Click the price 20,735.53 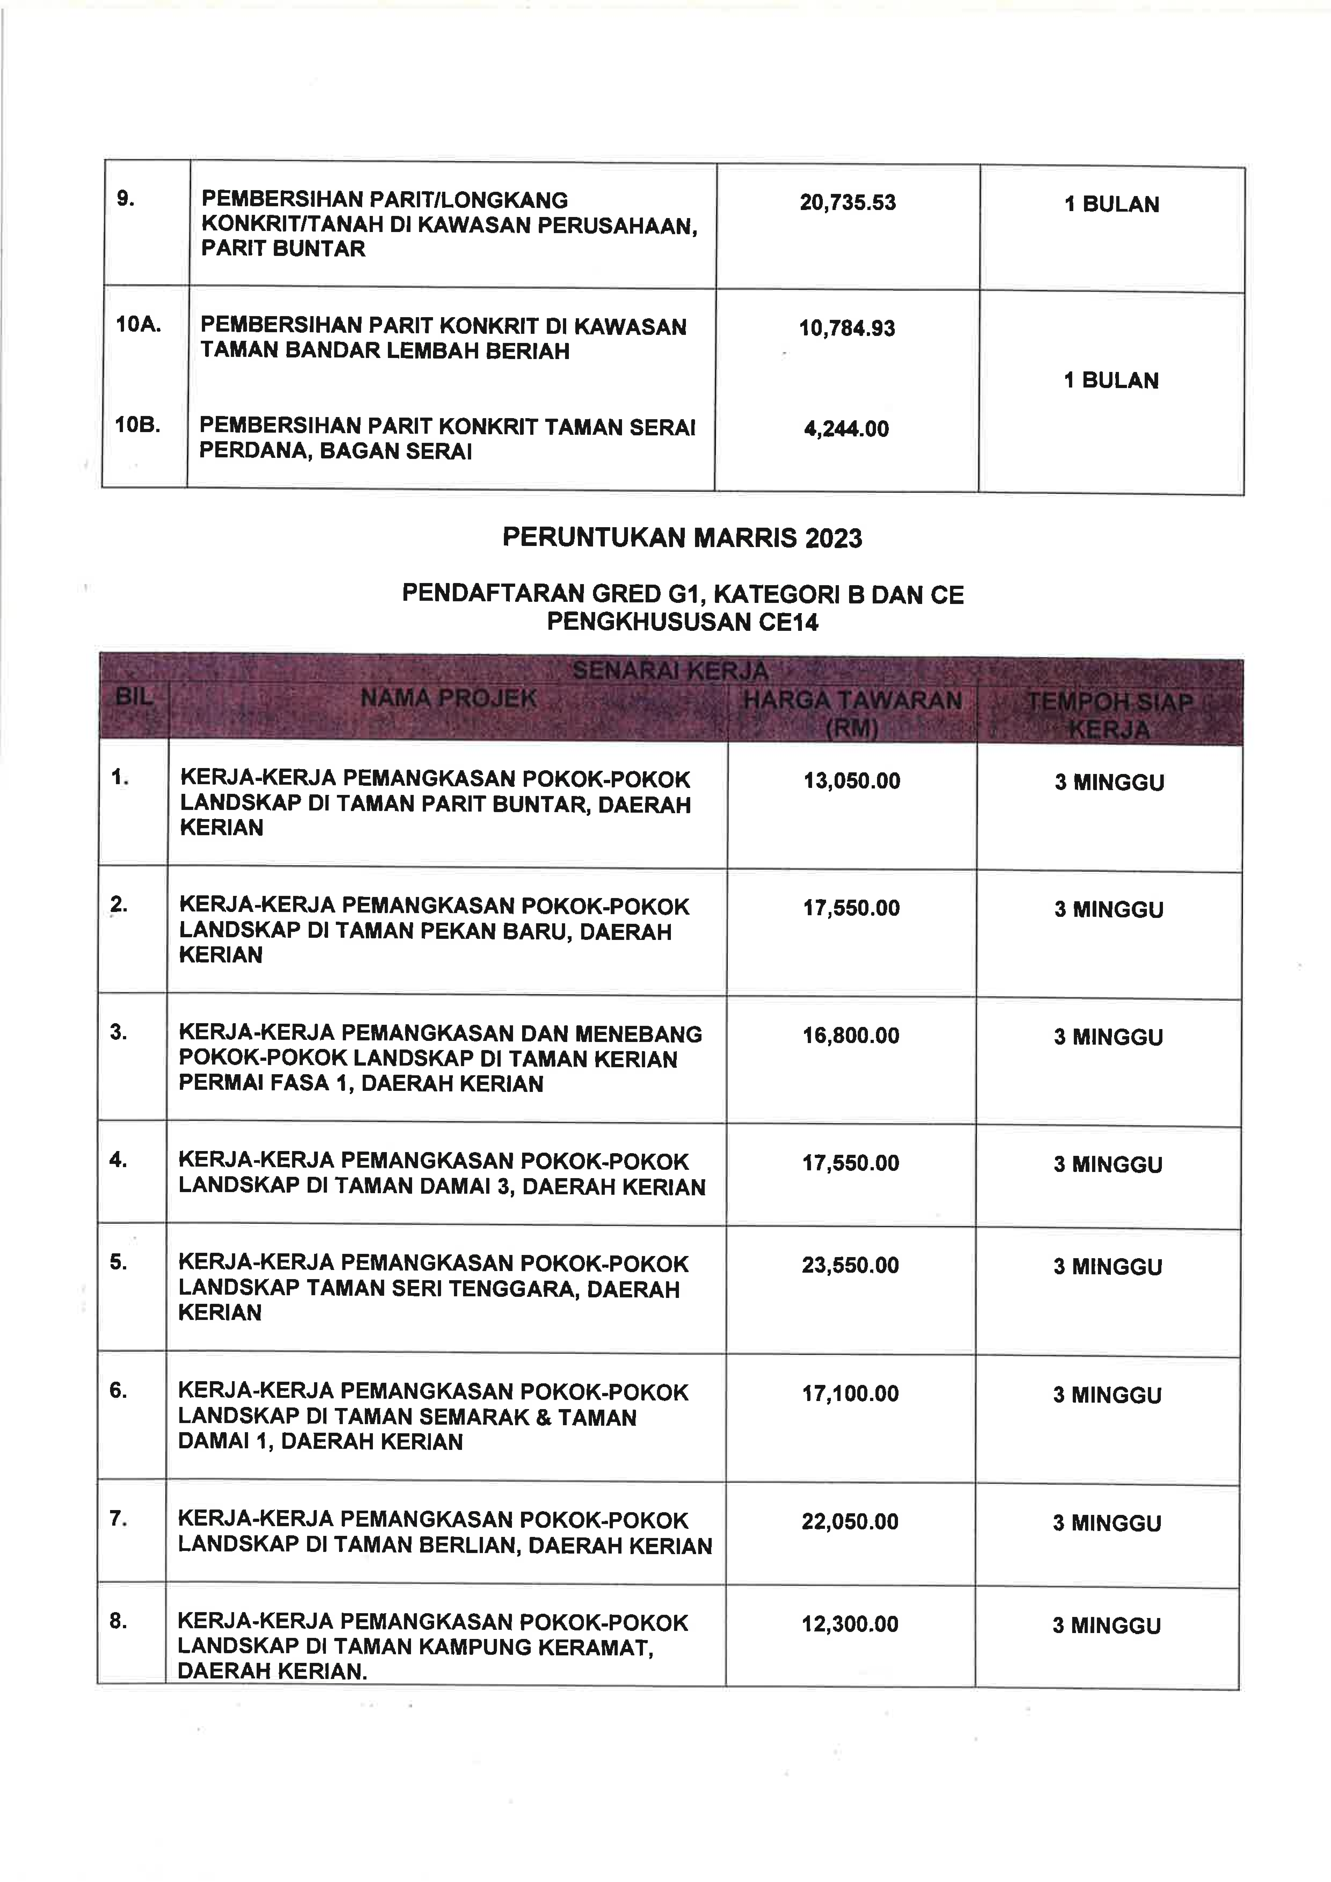(x=848, y=202)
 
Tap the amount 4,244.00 (x=846, y=429)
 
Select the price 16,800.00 (x=851, y=1035)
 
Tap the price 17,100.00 (x=850, y=1394)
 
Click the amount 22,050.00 (x=850, y=1521)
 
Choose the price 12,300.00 (x=850, y=1624)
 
